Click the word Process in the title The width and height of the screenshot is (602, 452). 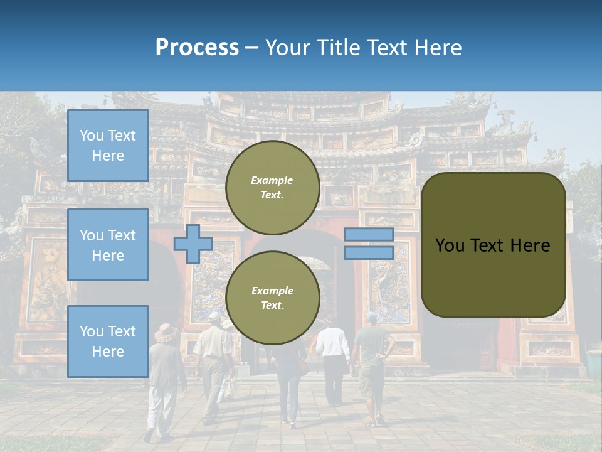point(197,48)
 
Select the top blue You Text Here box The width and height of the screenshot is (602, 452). point(108,146)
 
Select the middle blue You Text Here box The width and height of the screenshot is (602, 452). point(108,245)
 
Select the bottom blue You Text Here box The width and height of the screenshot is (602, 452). point(108,342)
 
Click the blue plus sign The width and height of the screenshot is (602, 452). point(193,244)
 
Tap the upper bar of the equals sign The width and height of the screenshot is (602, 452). point(369,234)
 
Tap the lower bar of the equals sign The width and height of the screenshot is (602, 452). point(369,253)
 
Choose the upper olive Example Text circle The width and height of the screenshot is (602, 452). point(272,188)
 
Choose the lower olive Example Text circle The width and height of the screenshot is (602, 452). point(272,298)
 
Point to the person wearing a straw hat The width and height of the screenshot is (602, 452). point(164,377)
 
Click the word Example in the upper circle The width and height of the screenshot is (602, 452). point(272,180)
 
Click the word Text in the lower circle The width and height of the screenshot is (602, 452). point(272,305)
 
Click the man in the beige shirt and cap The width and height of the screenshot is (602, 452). point(213,358)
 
